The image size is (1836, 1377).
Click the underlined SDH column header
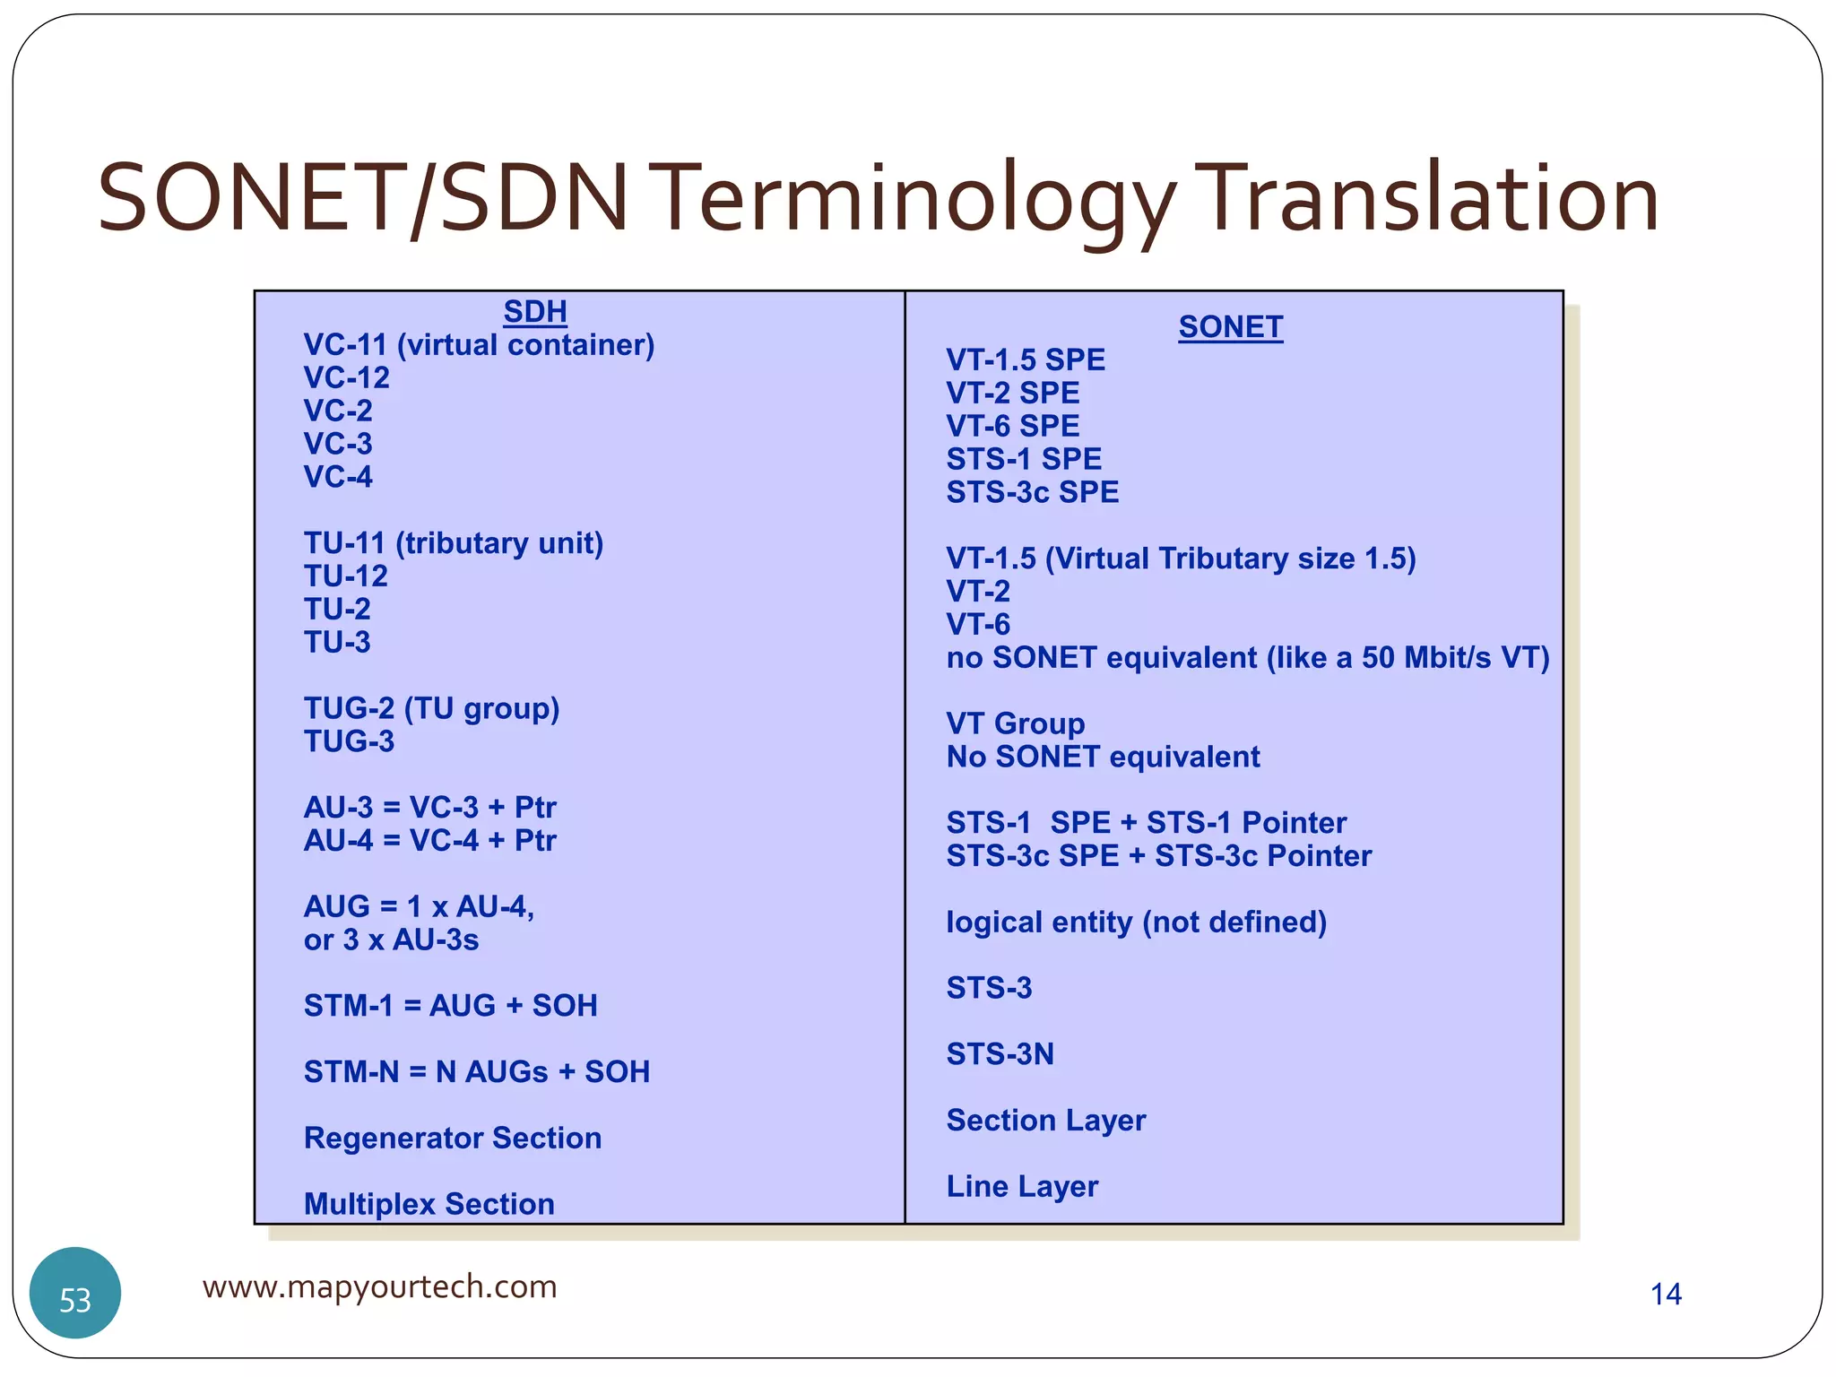click(535, 311)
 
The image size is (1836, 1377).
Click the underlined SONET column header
click(1230, 327)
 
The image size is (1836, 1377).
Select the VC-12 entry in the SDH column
click(347, 377)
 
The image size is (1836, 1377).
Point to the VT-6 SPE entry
click(1012, 426)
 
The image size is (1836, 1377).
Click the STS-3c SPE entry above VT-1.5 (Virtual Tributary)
click(1032, 492)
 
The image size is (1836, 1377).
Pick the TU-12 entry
click(346, 576)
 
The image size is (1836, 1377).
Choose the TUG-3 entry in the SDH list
click(349, 741)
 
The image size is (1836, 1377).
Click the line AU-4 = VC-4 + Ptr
click(429, 840)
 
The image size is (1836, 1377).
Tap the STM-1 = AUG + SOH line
click(450, 1006)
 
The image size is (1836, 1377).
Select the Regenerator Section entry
click(453, 1138)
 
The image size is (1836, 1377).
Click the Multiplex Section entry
click(429, 1204)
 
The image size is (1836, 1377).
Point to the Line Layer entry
click(1022, 1186)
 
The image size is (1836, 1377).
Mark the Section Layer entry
click(1045, 1120)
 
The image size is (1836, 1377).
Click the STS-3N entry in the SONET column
click(1000, 1053)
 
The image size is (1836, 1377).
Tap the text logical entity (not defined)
click(1136, 922)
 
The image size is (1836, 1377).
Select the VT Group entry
click(1015, 723)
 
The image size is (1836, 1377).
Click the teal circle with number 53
click(75, 1293)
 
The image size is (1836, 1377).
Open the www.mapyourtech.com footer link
click(379, 1286)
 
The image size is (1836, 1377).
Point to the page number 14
click(1666, 1294)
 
